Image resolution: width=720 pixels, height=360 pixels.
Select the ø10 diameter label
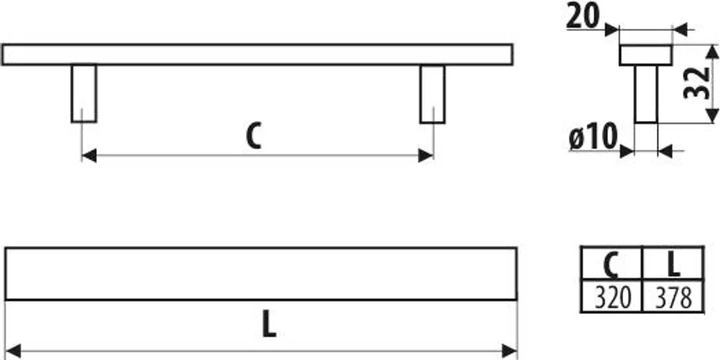(593, 137)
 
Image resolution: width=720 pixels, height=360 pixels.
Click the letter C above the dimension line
(253, 135)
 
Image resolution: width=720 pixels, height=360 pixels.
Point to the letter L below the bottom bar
(269, 325)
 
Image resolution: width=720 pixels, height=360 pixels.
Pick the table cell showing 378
(673, 297)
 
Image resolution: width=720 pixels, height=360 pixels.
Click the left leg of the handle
(84, 94)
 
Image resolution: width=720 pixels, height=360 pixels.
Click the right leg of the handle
(432, 94)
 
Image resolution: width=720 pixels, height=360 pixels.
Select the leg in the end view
(646, 94)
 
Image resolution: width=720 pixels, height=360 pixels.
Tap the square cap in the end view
(645, 55)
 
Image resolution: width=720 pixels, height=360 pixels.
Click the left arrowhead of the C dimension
(89, 155)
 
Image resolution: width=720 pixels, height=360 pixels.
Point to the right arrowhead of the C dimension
(426, 155)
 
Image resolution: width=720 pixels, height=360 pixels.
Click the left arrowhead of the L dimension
(13, 352)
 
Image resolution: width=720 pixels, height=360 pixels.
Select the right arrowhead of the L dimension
(510, 352)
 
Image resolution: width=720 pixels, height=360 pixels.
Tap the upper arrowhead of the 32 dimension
(712, 51)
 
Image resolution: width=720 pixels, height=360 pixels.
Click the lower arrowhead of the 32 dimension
(712, 116)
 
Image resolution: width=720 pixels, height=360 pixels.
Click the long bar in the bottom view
(261, 274)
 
